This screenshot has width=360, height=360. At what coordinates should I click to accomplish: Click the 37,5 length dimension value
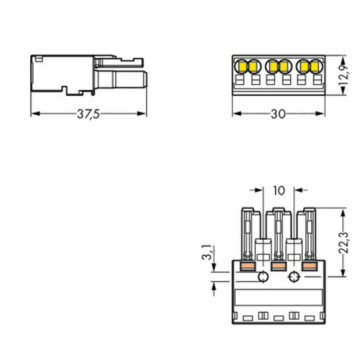pos(88,114)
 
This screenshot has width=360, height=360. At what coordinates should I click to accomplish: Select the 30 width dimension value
pos(278,114)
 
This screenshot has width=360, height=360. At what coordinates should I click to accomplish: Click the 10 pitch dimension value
pos(279,190)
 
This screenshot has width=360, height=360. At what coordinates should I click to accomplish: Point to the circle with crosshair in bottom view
pos(294,277)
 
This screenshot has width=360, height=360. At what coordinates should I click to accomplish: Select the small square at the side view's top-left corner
pos(39,58)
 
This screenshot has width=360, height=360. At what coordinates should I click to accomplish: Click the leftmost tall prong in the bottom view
pos(247,234)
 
